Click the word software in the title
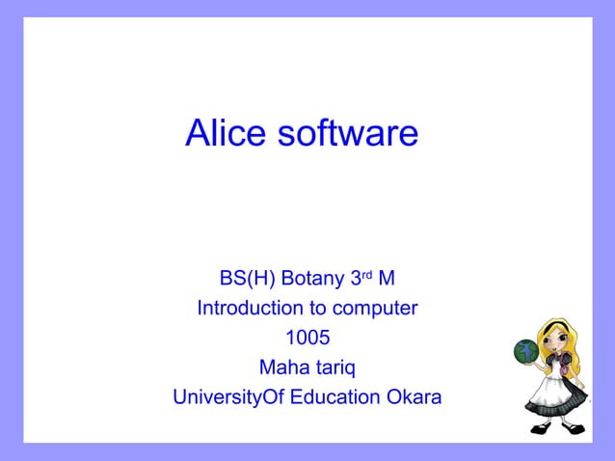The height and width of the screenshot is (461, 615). [347, 134]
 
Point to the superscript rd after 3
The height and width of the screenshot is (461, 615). [365, 276]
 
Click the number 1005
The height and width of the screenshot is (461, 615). [307, 339]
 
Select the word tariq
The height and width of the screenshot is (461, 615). [333, 368]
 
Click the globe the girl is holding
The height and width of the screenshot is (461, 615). [527, 352]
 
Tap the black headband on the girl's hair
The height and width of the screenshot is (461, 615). [554, 323]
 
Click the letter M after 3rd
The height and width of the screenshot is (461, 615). [386, 280]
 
